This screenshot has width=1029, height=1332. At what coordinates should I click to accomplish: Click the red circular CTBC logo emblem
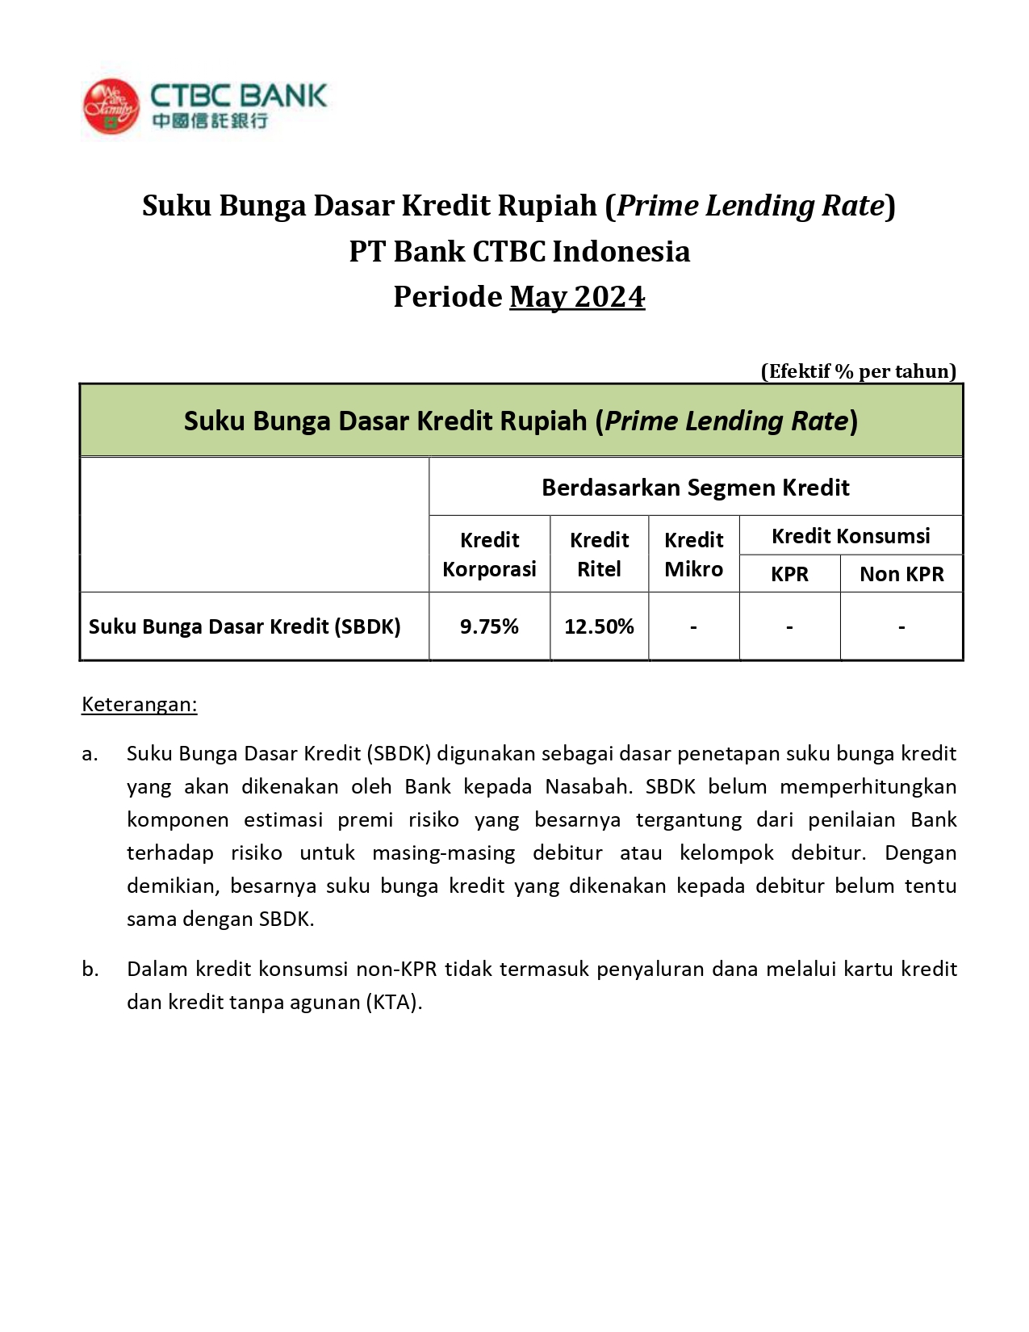(111, 107)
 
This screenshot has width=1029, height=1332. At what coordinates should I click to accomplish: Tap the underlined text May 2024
(577, 297)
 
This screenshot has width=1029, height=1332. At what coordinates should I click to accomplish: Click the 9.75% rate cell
(489, 626)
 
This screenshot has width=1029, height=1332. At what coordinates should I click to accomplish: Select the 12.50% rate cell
(599, 626)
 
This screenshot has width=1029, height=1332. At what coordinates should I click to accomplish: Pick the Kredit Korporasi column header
(489, 555)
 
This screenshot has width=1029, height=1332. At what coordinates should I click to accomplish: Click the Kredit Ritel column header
(599, 555)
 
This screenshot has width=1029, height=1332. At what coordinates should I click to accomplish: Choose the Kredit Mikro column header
(693, 555)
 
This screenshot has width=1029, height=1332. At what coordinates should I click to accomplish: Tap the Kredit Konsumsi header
(851, 536)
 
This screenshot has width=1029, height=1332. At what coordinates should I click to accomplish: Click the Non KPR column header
(901, 574)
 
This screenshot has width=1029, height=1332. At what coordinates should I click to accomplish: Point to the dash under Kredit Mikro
(693, 627)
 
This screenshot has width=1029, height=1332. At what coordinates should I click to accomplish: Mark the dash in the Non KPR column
(901, 627)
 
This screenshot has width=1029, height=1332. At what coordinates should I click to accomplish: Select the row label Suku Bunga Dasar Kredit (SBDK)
(245, 626)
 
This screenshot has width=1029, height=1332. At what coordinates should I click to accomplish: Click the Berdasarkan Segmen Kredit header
(695, 488)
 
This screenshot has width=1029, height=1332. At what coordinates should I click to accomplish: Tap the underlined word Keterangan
(139, 705)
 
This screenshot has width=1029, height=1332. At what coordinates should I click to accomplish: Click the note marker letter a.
(89, 754)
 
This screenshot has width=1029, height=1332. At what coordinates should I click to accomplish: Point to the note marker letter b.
(90, 970)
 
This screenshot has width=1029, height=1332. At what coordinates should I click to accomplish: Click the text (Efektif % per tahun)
(858, 371)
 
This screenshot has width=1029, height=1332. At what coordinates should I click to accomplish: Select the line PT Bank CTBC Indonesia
(519, 252)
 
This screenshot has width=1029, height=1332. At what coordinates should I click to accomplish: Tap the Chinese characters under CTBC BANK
(209, 121)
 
